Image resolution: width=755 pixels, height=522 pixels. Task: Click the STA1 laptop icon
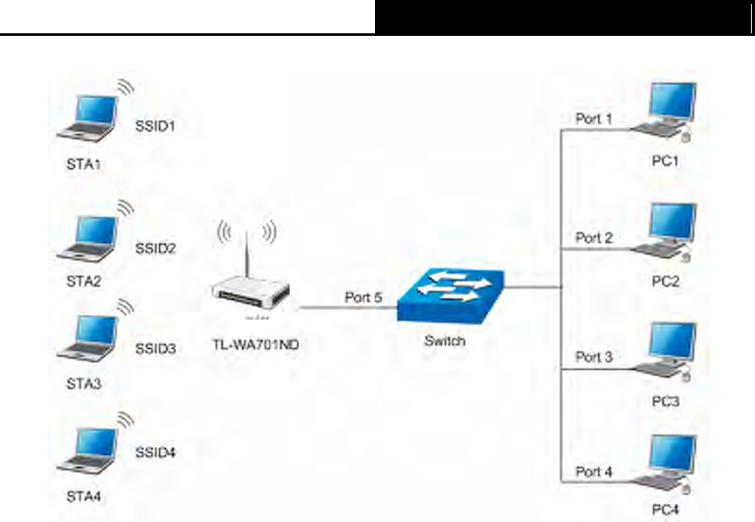pyautogui.click(x=87, y=118)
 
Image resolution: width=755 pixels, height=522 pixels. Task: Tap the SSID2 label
pyautogui.click(x=155, y=248)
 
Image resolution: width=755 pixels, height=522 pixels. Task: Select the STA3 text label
pyautogui.click(x=84, y=384)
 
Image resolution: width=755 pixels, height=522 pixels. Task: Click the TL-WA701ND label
pyautogui.click(x=256, y=345)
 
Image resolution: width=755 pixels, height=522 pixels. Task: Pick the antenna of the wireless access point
pyautogui.click(x=247, y=255)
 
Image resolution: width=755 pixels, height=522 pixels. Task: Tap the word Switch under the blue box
pyautogui.click(x=444, y=341)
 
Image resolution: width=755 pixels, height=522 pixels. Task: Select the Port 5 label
pyautogui.click(x=363, y=297)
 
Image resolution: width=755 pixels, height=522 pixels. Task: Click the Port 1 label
pyautogui.click(x=593, y=118)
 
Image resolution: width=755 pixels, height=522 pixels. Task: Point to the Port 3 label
pyautogui.click(x=593, y=357)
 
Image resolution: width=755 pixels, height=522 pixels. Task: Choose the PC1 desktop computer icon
pyautogui.click(x=664, y=112)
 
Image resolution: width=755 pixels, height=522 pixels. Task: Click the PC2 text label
pyautogui.click(x=666, y=281)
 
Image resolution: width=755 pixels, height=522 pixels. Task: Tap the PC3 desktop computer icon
pyautogui.click(x=664, y=351)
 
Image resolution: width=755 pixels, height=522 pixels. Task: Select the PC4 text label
pyautogui.click(x=666, y=509)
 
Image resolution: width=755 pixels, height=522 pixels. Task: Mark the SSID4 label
pyautogui.click(x=155, y=452)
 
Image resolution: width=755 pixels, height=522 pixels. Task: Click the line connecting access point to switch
pyautogui.click(x=348, y=307)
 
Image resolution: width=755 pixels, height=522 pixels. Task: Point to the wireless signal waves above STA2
pyautogui.click(x=125, y=208)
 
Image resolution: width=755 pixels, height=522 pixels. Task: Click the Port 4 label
pyautogui.click(x=593, y=471)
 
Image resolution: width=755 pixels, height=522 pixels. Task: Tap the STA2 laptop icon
pyautogui.click(x=87, y=239)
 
